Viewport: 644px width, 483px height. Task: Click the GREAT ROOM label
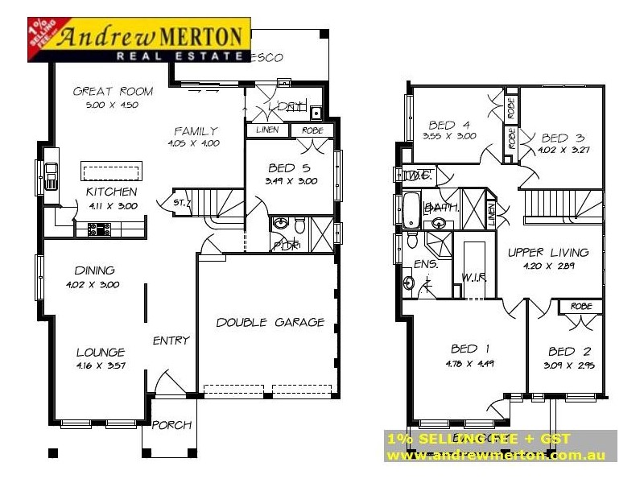pyautogui.click(x=113, y=92)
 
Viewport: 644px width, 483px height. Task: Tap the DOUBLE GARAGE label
pyautogui.click(x=270, y=323)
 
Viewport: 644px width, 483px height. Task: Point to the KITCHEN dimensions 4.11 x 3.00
pyautogui.click(x=112, y=206)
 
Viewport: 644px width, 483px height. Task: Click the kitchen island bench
pyautogui.click(x=112, y=171)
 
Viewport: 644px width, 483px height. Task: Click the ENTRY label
pyautogui.click(x=171, y=341)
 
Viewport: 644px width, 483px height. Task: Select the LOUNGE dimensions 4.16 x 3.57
pyautogui.click(x=100, y=365)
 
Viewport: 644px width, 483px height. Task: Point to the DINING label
pyautogui.click(x=95, y=270)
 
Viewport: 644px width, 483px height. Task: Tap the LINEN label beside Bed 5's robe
pyautogui.click(x=267, y=130)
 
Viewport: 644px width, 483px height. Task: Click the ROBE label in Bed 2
pyautogui.click(x=581, y=307)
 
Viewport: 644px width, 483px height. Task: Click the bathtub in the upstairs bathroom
pyautogui.click(x=411, y=209)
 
